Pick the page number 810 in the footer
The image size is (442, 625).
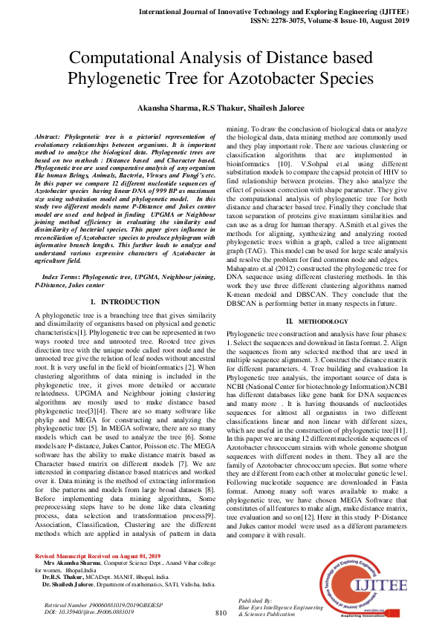click(220, 612)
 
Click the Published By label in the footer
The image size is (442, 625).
click(254, 599)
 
